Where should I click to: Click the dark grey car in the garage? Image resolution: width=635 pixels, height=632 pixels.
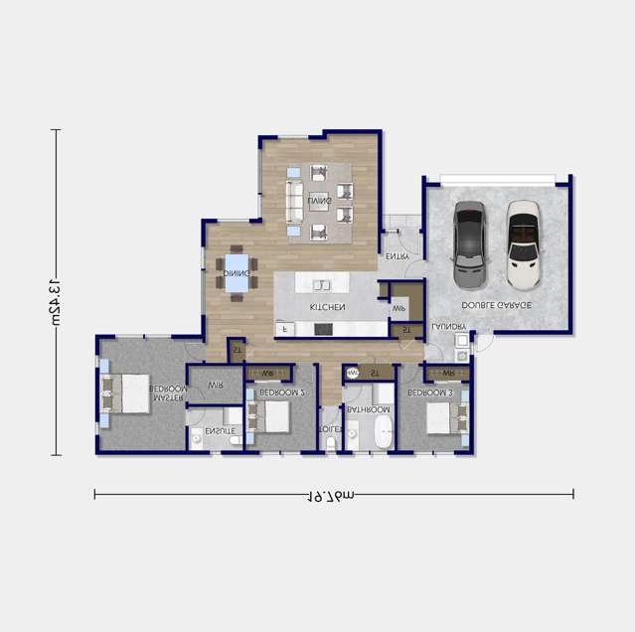(x=469, y=241)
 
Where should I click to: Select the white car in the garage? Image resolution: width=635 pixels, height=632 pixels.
(x=523, y=241)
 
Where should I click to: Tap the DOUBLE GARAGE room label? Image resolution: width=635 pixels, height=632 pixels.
(x=496, y=305)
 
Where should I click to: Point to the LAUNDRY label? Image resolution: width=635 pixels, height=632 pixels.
(x=448, y=326)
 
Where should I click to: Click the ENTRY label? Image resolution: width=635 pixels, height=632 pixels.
(x=397, y=256)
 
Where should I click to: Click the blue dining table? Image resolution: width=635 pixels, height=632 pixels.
(x=237, y=273)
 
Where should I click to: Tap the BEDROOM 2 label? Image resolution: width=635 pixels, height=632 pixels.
(x=281, y=394)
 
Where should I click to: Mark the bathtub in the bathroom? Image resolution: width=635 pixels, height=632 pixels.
(x=384, y=433)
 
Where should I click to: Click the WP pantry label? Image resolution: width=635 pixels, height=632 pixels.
(x=399, y=309)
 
